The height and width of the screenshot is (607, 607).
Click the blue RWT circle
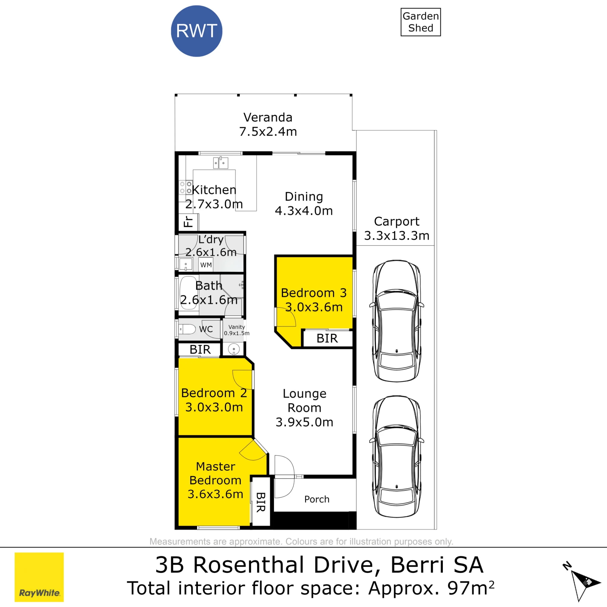197,31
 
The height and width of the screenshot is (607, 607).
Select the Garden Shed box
421,22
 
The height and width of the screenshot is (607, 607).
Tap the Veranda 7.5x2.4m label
268,124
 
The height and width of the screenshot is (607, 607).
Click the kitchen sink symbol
221,163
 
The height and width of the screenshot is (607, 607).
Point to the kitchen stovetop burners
185,187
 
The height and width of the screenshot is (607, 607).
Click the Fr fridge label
188,222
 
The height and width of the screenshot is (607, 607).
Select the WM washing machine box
206,265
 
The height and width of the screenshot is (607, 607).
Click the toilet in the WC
187,329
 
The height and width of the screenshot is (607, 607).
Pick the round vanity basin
234,349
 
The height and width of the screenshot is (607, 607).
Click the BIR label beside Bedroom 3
327,338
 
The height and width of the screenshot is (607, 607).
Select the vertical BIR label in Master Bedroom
261,502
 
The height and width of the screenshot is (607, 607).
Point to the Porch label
317,499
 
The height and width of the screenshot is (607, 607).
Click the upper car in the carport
397,321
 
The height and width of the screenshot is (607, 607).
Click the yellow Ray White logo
39,577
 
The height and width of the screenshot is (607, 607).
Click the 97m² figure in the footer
471,588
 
